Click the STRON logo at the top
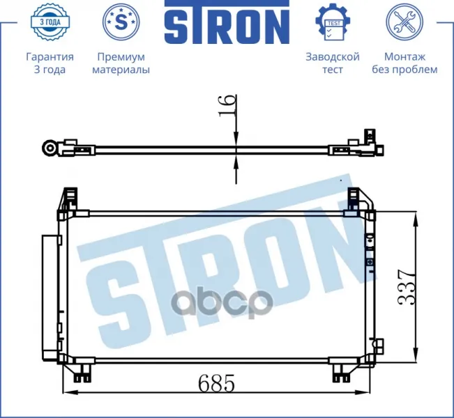click(x=227, y=22)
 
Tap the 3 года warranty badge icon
click(x=50, y=22)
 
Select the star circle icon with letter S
click(x=121, y=22)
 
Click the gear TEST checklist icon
click(x=333, y=22)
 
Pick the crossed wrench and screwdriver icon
click(x=404, y=22)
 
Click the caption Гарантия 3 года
click(x=50, y=63)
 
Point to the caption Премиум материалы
click(x=121, y=63)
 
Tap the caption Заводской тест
click(x=333, y=63)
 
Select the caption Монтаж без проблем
click(x=404, y=63)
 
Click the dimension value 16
click(x=227, y=105)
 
